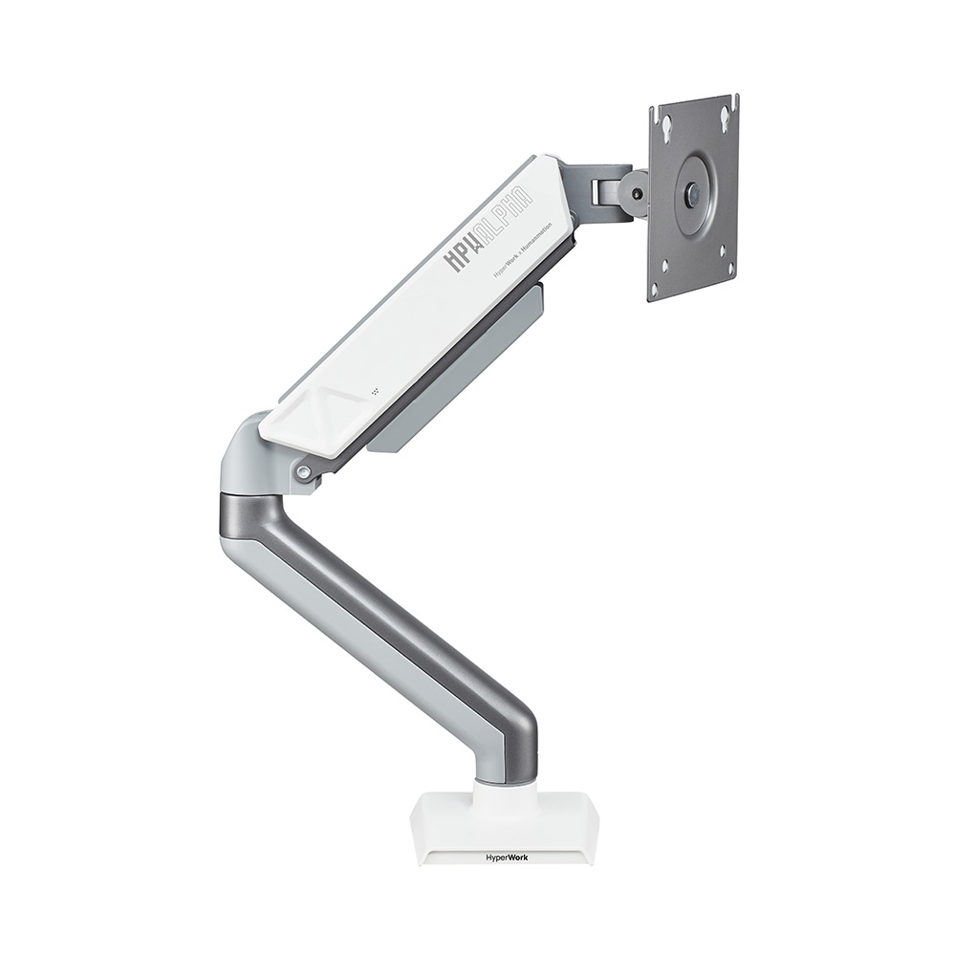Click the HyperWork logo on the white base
tap(506, 857)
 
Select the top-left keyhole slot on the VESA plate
tap(666, 125)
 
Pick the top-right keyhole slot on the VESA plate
tap(726, 117)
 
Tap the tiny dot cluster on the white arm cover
tap(375, 391)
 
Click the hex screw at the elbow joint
tap(303, 471)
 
